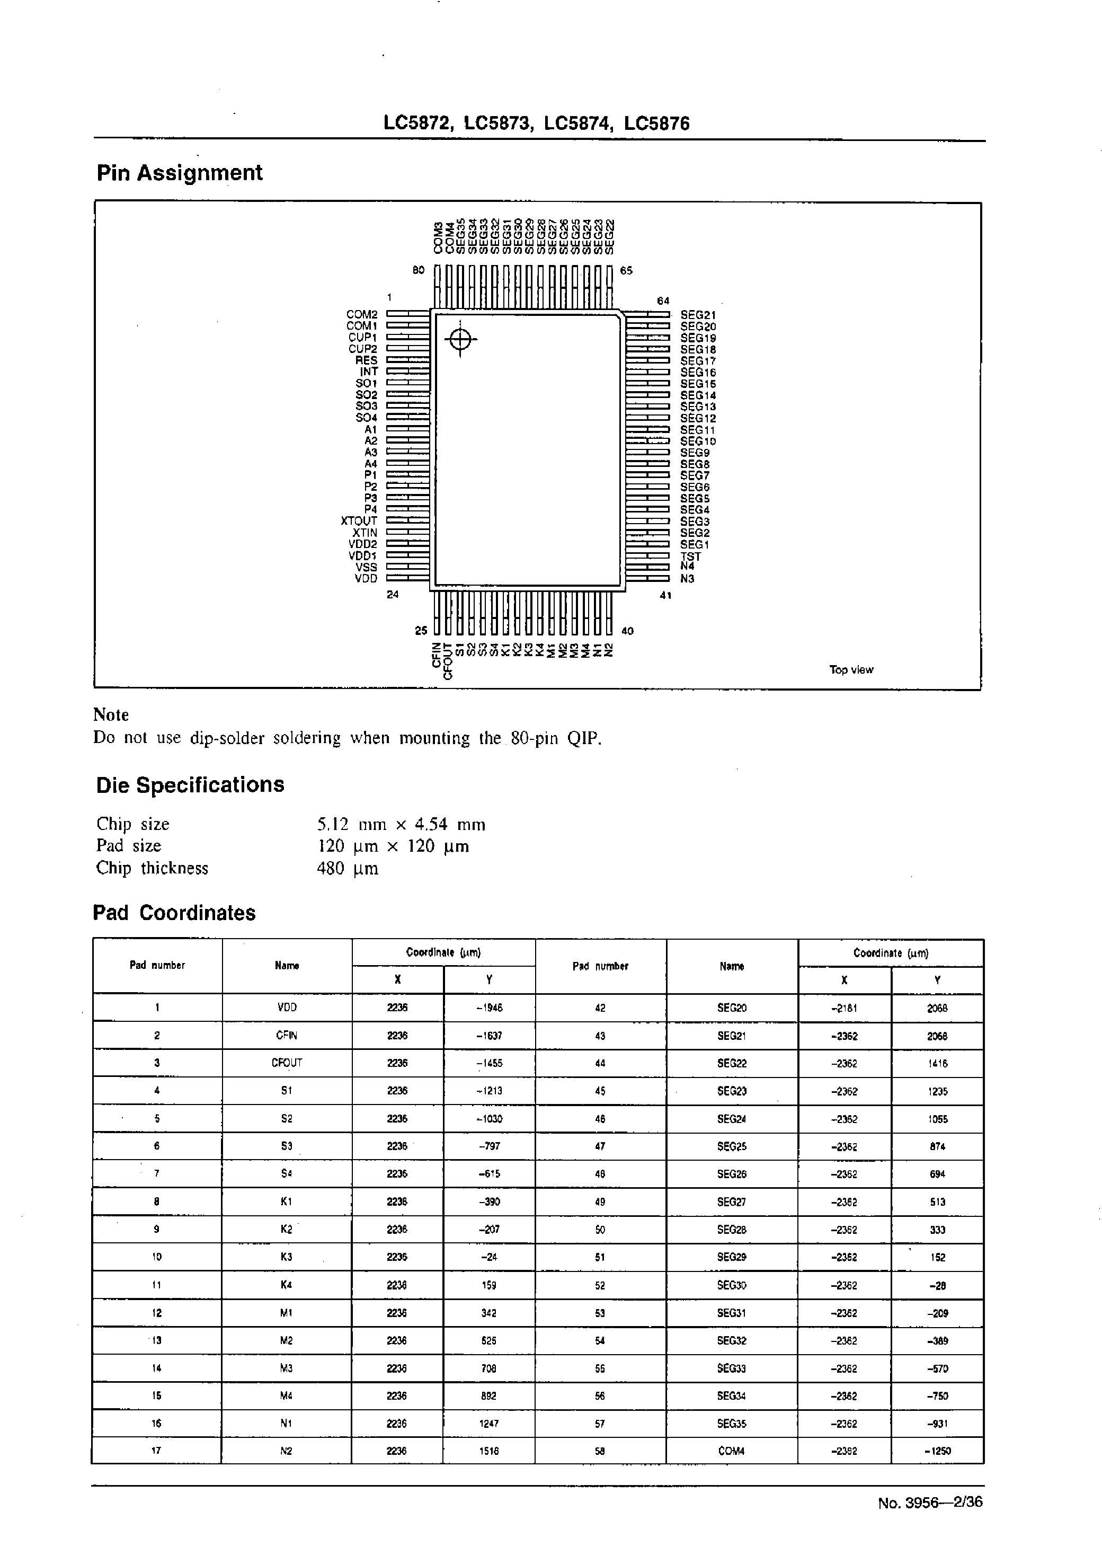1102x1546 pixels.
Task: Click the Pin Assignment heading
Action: click(x=179, y=173)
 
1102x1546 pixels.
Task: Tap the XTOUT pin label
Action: click(x=359, y=521)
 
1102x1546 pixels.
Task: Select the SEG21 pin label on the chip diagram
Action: click(x=698, y=315)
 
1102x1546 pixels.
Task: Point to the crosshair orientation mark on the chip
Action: click(x=460, y=339)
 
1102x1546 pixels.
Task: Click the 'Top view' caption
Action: click(x=851, y=670)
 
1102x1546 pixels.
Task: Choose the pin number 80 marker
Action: click(x=419, y=270)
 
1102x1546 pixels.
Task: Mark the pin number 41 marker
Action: click(x=665, y=595)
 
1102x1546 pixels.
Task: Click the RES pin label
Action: click(x=367, y=360)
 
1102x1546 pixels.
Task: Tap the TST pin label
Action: click(x=691, y=556)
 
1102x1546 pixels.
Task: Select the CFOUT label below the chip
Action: click(x=447, y=661)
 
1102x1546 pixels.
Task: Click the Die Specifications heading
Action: click(x=190, y=785)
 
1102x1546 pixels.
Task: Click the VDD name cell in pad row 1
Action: click(x=287, y=1008)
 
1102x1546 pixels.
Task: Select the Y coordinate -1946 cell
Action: click(x=489, y=1008)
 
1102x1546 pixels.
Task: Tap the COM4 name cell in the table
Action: click(x=732, y=1451)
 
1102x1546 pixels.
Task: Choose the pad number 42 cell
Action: click(x=600, y=1009)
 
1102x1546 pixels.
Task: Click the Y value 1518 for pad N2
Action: click(x=489, y=1451)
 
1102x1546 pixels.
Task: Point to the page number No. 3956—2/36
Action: click(x=930, y=1503)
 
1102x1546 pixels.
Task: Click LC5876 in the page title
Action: click(x=656, y=123)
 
